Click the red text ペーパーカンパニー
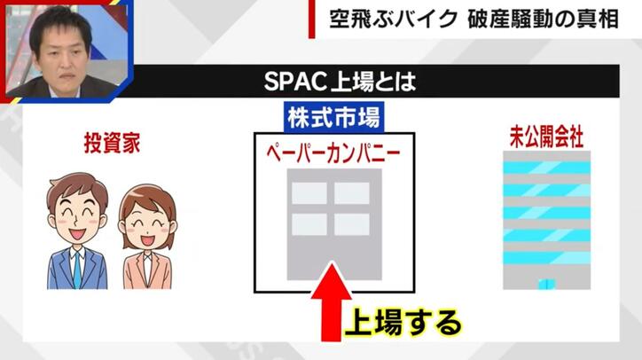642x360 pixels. pyautogui.click(x=332, y=152)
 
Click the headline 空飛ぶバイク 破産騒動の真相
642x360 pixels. pyautogui.click(x=479, y=20)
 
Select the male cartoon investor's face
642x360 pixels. pyautogui.click(x=76, y=210)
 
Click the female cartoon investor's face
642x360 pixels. pyautogui.click(x=141, y=216)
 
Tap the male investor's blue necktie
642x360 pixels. pyautogui.click(x=77, y=266)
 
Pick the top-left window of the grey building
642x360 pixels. pyautogui.click(x=309, y=192)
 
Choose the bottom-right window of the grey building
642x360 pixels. pyautogui.click(x=352, y=224)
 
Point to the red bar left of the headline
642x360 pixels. pyautogui.click(x=311, y=20)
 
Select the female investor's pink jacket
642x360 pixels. pyautogui.click(x=141, y=270)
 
